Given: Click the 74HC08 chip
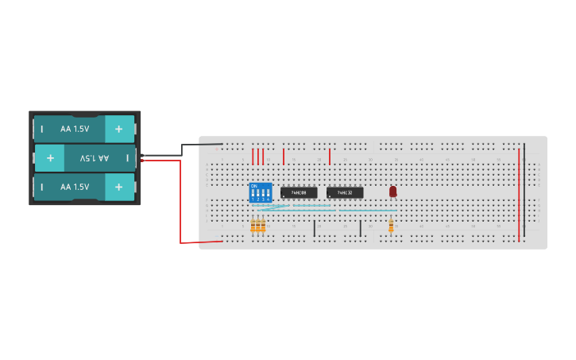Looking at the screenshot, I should point(299,192).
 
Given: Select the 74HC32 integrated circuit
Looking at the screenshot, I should point(345,192).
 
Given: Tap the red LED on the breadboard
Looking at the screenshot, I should point(392,191).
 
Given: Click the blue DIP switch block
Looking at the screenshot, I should point(260,193).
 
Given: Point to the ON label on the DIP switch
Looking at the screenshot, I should point(254,186).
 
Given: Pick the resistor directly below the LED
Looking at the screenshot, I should point(391,226).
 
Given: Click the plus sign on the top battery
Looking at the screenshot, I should point(119,129).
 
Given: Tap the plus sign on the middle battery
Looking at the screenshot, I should point(50,158).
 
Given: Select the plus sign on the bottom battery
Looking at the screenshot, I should point(119,187).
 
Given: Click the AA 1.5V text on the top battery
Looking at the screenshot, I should point(75,129).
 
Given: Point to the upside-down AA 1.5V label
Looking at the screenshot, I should point(95,158).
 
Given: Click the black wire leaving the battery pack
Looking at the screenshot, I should point(183,149).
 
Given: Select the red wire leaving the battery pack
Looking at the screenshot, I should point(180,199).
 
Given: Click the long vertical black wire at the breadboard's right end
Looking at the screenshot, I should point(524,191).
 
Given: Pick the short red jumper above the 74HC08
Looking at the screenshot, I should point(284,156).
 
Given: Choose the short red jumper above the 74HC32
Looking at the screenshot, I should point(330,156).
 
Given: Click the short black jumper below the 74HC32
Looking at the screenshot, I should point(361,228).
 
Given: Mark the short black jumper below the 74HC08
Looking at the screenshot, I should point(315,228).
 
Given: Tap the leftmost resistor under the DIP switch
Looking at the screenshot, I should point(253,226).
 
